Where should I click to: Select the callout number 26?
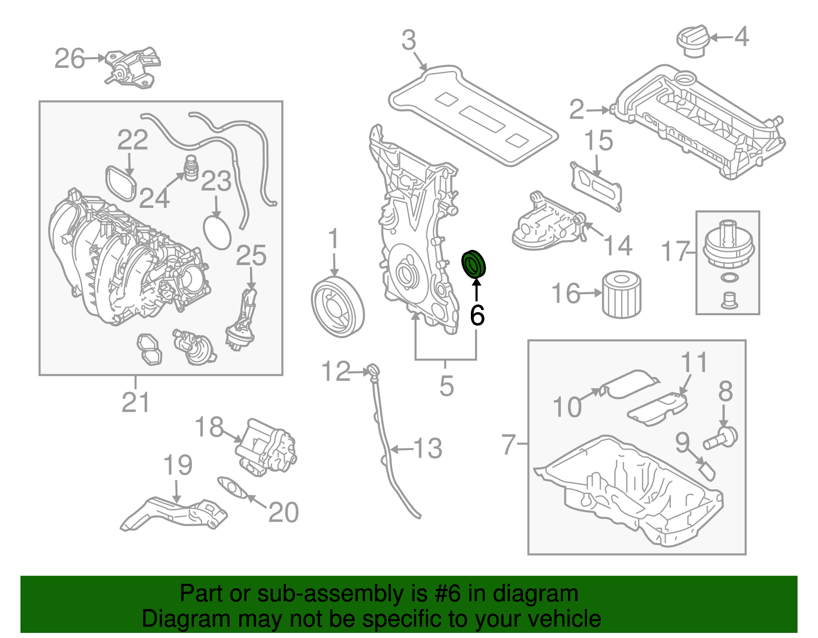pos(70,59)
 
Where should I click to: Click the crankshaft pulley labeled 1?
pos(337,307)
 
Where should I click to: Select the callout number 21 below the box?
pos(135,403)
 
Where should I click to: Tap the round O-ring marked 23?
pos(217,232)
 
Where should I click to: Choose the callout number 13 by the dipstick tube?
pos(427,448)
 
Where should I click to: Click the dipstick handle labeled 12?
pos(372,370)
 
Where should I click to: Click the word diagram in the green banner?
pos(547,594)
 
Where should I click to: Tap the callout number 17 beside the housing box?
pos(676,251)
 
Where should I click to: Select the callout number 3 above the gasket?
pos(408,40)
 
